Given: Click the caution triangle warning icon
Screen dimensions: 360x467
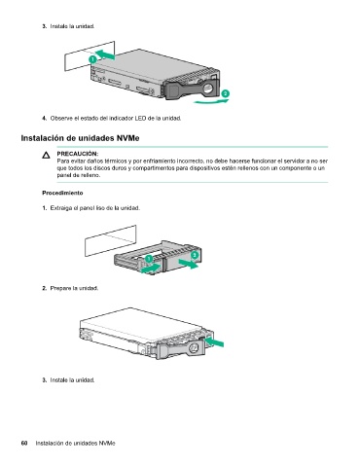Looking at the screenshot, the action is click(x=46, y=156).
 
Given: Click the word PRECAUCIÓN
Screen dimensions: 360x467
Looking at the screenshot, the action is click(x=78, y=154).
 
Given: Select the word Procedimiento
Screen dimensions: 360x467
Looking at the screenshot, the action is click(x=62, y=193).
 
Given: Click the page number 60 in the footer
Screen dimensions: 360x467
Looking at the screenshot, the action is click(x=24, y=443).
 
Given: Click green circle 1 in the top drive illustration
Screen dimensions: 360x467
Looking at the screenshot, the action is click(x=92, y=59).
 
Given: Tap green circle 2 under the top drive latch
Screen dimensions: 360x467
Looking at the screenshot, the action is click(x=225, y=93).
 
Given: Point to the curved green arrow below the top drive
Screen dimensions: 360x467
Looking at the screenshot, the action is click(x=212, y=101).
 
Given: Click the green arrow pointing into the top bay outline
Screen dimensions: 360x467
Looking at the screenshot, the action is click(x=105, y=54).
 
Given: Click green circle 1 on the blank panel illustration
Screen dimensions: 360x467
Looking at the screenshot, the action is click(x=148, y=259).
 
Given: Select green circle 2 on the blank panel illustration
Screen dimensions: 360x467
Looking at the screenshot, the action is click(x=195, y=255).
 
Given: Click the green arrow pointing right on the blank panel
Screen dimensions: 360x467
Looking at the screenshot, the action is click(x=189, y=264).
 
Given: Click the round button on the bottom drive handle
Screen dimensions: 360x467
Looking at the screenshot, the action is click(x=194, y=347).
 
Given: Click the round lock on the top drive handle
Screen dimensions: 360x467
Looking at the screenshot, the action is click(x=209, y=88).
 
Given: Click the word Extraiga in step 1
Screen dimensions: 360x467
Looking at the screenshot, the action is click(x=61, y=208).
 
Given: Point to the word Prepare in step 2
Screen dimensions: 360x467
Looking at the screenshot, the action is click(x=60, y=288).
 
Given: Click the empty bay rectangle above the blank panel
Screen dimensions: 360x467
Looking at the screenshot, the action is click(x=111, y=240).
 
